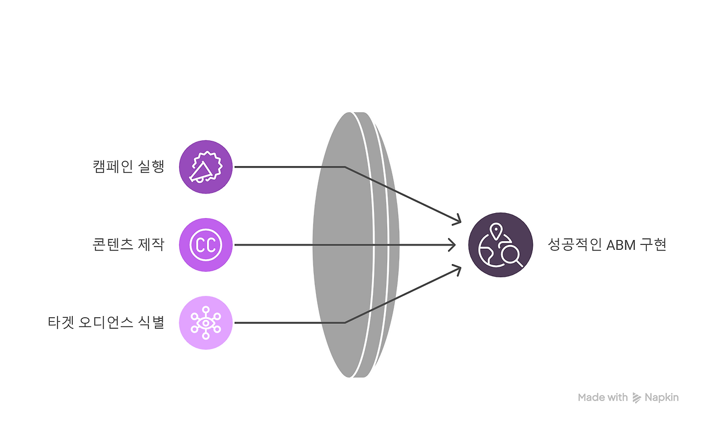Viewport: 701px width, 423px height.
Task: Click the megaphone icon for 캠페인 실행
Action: point(206,167)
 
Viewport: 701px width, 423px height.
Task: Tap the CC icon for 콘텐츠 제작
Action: point(206,244)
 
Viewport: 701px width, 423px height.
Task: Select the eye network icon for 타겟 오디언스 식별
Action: point(206,323)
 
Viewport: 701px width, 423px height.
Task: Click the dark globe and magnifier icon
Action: point(501,244)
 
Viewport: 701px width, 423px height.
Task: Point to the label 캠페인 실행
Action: point(129,167)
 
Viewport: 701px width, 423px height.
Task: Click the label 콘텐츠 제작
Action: point(129,244)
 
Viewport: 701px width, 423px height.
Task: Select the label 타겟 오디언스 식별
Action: point(106,323)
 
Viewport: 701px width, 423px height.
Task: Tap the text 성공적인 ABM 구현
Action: point(607,244)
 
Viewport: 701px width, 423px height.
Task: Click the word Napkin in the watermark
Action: point(662,398)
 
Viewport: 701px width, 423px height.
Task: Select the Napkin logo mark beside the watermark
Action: point(636,398)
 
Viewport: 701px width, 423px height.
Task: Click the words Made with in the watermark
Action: point(602,398)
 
